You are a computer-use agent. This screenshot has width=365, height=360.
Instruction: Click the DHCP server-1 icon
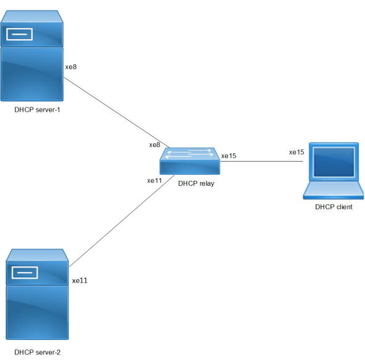[x=32, y=56]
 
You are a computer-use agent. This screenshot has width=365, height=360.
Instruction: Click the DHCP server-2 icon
[x=37, y=295]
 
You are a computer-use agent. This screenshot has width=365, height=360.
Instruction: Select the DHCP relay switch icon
[x=190, y=161]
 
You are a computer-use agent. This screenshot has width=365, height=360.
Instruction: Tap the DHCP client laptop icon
[x=334, y=171]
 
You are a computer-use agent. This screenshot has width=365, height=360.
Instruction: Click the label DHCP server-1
[x=37, y=110]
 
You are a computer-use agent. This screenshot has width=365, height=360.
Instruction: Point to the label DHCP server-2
[x=37, y=353]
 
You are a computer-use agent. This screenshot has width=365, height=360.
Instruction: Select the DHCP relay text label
[x=196, y=183]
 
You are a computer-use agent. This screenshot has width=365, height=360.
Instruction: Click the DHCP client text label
[x=334, y=207]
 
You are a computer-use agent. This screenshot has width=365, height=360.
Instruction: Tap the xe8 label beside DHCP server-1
[x=71, y=67]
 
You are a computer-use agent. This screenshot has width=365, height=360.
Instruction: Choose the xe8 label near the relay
[x=155, y=144]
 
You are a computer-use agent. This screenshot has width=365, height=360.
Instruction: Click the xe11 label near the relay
[x=154, y=180]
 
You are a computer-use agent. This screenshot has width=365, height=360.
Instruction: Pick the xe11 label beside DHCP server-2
[x=80, y=280]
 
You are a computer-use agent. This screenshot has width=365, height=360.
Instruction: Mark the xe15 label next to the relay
[x=229, y=156]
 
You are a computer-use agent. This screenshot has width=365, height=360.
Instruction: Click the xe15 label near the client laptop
[x=296, y=152]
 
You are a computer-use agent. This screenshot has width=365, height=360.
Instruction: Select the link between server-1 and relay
[x=117, y=112]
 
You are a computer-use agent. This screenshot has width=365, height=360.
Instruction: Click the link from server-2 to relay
[x=122, y=221]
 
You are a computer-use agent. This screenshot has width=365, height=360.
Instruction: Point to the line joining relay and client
[x=262, y=161]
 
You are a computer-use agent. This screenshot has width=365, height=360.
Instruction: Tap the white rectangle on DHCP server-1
[x=19, y=34]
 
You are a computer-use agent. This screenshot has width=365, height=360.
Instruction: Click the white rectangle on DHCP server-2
[x=25, y=272]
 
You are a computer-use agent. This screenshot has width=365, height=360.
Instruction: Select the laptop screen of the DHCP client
[x=334, y=162]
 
